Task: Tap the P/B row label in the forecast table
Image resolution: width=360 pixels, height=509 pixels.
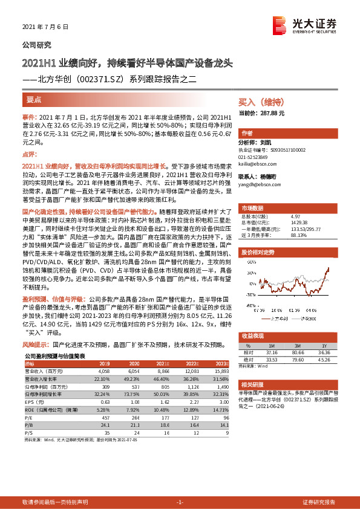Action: tap(28, 408)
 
